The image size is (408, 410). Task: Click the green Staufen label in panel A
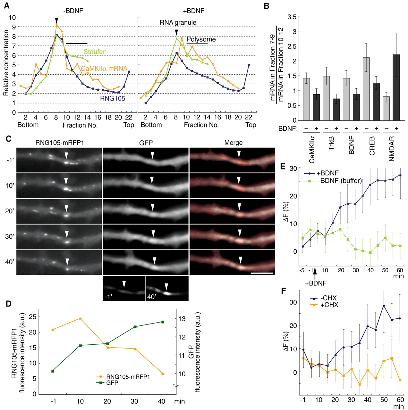(x=95, y=52)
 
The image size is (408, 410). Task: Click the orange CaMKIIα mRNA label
(x=104, y=68)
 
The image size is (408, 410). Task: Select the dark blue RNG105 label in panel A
(x=113, y=99)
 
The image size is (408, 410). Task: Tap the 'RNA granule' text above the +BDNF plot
(x=178, y=22)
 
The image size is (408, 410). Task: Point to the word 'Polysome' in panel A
(x=201, y=40)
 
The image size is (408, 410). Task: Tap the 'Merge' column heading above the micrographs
(x=234, y=143)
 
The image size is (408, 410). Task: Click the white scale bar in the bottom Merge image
(x=262, y=273)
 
